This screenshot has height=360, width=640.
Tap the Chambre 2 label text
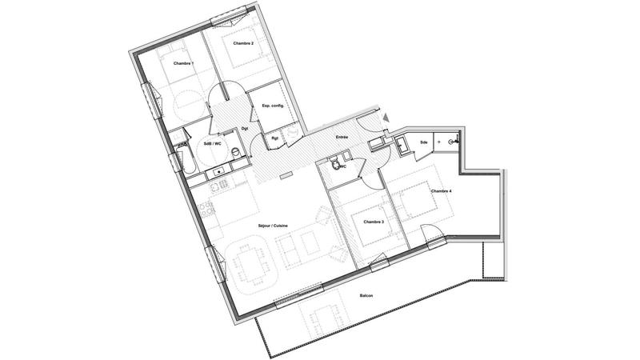click(x=243, y=43)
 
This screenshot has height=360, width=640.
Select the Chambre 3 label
click(x=374, y=222)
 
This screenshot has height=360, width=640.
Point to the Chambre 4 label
click(x=442, y=192)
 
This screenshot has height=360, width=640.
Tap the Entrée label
click(x=342, y=137)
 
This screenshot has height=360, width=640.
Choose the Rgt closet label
click(x=274, y=137)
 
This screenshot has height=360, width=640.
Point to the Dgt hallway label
click(x=244, y=129)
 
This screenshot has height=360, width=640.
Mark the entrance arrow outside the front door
click(x=388, y=118)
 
